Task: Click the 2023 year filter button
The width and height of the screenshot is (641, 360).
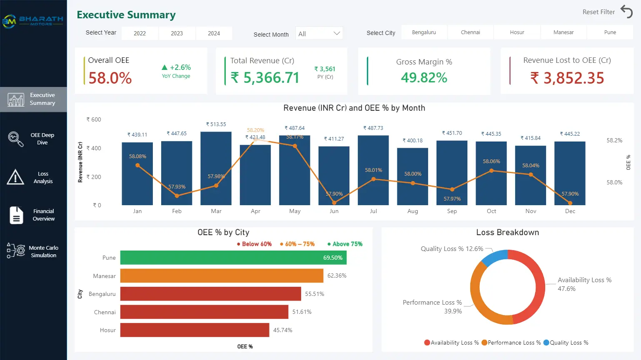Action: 177,33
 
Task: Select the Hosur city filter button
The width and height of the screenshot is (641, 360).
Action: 517,32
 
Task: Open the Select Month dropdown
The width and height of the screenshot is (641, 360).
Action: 319,34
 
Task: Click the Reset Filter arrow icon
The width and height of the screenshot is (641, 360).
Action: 626,12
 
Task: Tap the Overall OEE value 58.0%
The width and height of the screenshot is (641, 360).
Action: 110,78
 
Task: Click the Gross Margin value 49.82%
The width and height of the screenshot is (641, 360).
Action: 424,78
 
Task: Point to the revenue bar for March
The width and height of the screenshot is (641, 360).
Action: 216,168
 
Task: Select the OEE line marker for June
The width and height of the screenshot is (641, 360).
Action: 334,203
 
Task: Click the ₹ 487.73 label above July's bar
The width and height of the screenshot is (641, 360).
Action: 373,128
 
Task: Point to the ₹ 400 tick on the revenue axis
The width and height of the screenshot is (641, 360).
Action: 94,148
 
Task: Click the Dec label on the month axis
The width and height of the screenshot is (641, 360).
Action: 570,211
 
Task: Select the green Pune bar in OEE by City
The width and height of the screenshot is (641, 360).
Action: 233,258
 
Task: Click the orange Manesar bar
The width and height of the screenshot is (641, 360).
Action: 222,276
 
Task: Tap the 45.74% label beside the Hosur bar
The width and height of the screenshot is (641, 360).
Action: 282,330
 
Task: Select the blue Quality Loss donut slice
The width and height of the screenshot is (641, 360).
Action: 495,257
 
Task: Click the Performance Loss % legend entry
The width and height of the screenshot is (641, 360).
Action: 511,343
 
